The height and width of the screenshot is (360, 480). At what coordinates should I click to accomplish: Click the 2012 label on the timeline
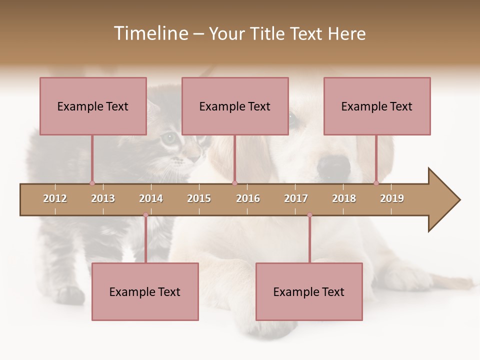pyautogui.click(x=55, y=198)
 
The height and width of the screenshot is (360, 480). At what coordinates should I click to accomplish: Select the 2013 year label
pyautogui.click(x=103, y=198)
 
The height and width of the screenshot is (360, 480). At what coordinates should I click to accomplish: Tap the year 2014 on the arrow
pyautogui.click(x=151, y=198)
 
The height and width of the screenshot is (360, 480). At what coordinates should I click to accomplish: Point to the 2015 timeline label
pyautogui.click(x=199, y=198)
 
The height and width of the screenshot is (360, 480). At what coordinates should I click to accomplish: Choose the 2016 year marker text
pyautogui.click(x=248, y=198)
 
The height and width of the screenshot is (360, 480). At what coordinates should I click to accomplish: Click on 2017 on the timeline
pyautogui.click(x=296, y=198)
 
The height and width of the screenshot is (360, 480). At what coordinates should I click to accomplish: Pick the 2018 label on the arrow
pyautogui.click(x=344, y=198)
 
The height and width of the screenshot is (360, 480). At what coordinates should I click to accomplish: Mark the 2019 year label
pyautogui.click(x=392, y=198)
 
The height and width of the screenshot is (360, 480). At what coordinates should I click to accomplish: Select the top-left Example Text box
pyautogui.click(x=93, y=106)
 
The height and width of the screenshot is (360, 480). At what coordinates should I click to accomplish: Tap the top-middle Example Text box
pyautogui.click(x=235, y=106)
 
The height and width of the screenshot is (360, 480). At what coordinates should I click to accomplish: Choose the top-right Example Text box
pyautogui.click(x=377, y=106)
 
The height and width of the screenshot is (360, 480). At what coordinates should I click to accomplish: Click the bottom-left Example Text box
pyautogui.click(x=145, y=291)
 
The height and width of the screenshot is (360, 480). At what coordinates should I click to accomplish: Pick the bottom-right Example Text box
pyautogui.click(x=309, y=291)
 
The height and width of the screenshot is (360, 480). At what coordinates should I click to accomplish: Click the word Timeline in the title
pyautogui.click(x=150, y=33)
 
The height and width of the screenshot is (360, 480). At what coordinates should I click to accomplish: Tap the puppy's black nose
pyautogui.click(x=334, y=165)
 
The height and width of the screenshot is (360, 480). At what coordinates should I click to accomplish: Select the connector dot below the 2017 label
pyautogui.click(x=309, y=215)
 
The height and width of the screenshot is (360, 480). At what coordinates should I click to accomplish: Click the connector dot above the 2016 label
pyautogui.click(x=235, y=183)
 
